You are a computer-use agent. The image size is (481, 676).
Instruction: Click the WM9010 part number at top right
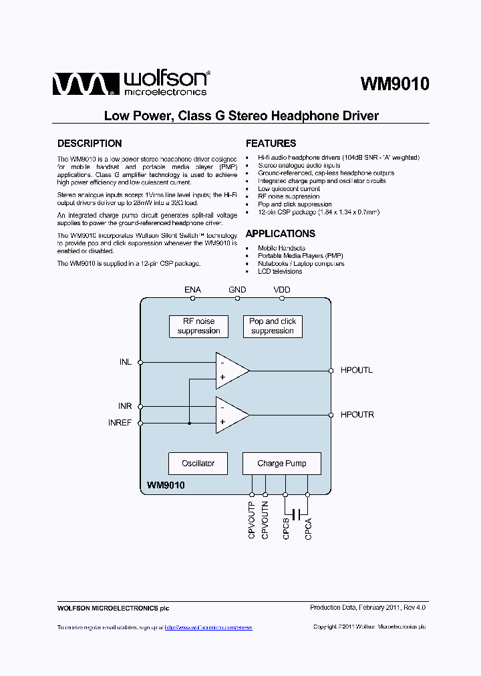click(395, 84)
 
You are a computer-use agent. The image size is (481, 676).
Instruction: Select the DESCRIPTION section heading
click(90, 144)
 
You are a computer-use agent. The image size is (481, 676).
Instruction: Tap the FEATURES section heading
click(271, 144)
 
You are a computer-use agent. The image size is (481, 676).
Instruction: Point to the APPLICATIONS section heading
click(280, 234)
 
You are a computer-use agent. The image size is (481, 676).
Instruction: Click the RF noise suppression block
click(198, 326)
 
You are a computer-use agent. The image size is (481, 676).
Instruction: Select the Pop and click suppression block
click(273, 326)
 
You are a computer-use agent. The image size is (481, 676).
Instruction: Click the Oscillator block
click(198, 464)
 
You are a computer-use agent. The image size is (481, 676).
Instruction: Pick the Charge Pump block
click(282, 464)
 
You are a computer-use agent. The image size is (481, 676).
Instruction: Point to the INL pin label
click(126, 362)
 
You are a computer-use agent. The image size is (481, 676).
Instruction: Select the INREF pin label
click(120, 423)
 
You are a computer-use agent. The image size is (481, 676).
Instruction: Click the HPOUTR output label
click(357, 415)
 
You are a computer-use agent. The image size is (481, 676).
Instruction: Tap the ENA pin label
click(192, 290)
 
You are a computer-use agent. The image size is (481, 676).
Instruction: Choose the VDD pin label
click(282, 290)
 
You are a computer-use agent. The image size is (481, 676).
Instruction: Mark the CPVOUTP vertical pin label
click(252, 520)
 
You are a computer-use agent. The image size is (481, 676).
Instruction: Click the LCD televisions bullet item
click(280, 272)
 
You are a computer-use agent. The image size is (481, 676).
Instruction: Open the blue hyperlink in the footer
click(208, 627)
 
